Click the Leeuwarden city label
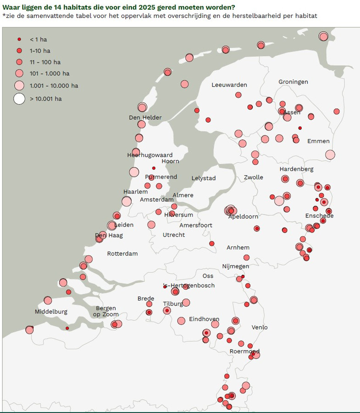point(229,85)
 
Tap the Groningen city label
point(293,82)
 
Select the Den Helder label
point(145,118)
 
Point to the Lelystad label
point(203,178)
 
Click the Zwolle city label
point(254,177)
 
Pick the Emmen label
point(318,141)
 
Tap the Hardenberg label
point(296,169)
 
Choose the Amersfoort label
point(196,225)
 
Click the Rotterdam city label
point(122,254)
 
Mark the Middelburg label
point(51,312)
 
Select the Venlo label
point(260,327)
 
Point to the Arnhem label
point(238,248)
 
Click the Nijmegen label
point(236,266)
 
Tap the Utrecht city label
point(174,235)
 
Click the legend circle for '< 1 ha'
point(19,39)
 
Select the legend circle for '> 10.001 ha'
point(19,99)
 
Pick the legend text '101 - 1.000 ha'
point(50,73)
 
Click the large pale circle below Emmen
point(330,155)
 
